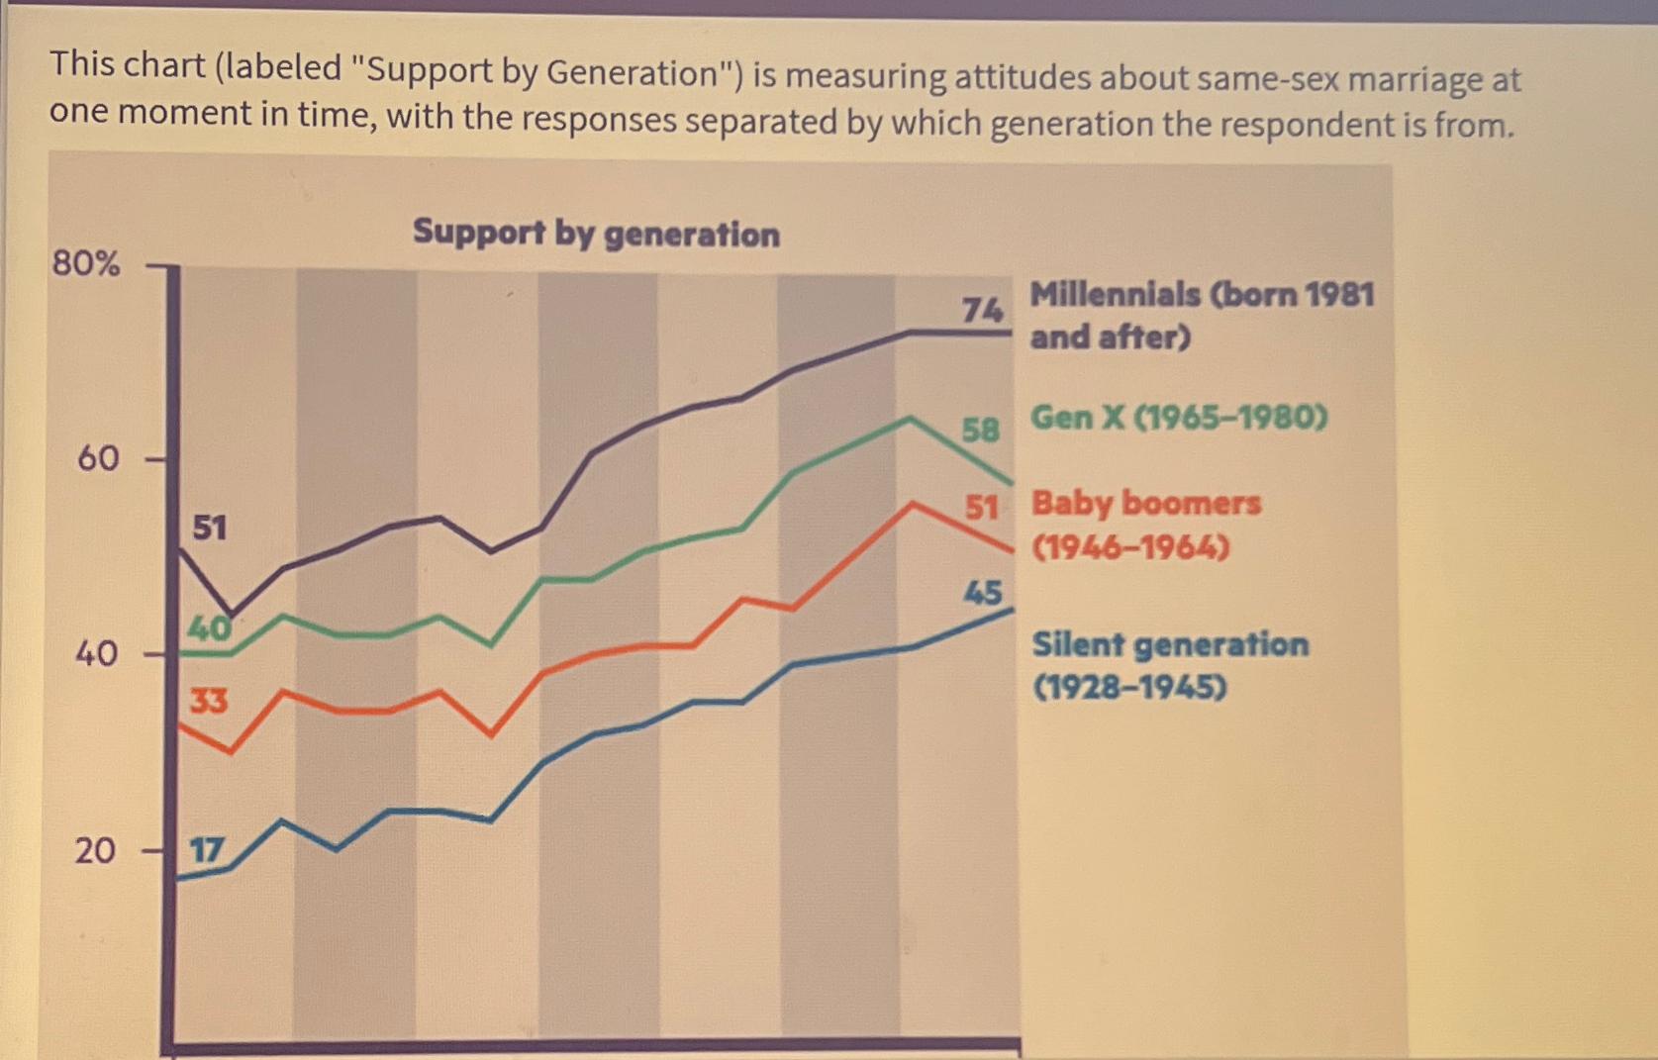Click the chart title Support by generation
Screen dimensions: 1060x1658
(x=596, y=233)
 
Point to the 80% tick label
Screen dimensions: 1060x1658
(x=86, y=264)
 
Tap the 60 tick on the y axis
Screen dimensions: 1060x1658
(x=98, y=458)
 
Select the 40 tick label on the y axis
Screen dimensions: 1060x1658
(x=96, y=653)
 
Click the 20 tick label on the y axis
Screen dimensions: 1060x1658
(x=95, y=850)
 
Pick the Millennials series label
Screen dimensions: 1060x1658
(x=1201, y=315)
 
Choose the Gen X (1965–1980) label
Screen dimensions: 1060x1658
(x=1178, y=418)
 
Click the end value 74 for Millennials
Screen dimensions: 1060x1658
(x=982, y=311)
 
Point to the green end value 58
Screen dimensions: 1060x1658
(x=981, y=430)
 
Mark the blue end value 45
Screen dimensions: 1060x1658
(x=983, y=593)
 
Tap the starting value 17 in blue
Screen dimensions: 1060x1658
(x=207, y=850)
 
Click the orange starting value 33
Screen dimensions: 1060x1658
(x=209, y=701)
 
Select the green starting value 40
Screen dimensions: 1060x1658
(x=209, y=628)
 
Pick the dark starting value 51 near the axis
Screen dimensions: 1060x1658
(x=209, y=528)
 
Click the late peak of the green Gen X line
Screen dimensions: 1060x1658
(x=910, y=419)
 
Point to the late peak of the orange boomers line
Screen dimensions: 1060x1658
(x=912, y=504)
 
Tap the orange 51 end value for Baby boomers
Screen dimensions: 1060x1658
(x=981, y=508)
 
